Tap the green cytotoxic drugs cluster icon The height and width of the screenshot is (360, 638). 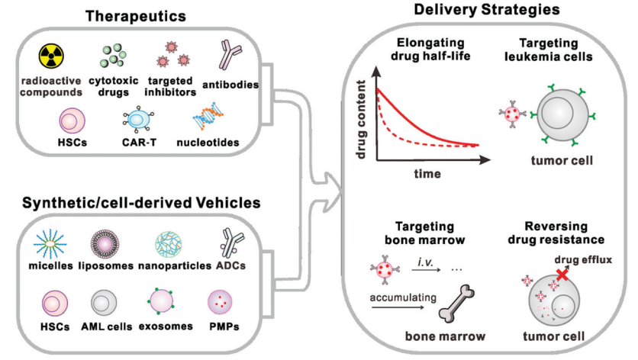114,56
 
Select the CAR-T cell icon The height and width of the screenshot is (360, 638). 138,118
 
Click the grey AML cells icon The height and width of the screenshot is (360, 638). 105,304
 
